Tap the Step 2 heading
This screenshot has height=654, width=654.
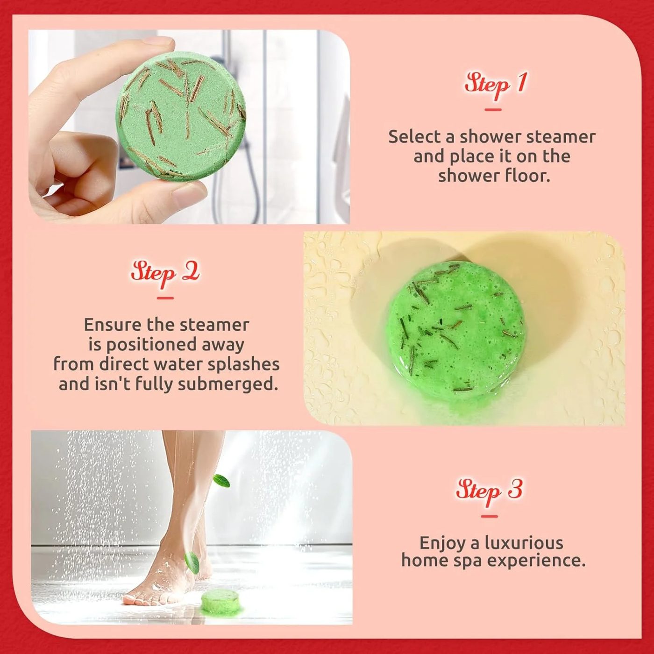pyautogui.click(x=165, y=274)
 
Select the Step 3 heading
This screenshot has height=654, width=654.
pyautogui.click(x=489, y=492)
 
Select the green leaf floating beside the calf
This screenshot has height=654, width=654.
pyautogui.click(x=221, y=481)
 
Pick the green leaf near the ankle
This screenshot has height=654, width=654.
pyautogui.click(x=192, y=563)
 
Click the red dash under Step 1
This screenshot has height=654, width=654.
pyautogui.click(x=493, y=110)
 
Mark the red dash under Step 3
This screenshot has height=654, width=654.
pyautogui.click(x=490, y=516)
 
